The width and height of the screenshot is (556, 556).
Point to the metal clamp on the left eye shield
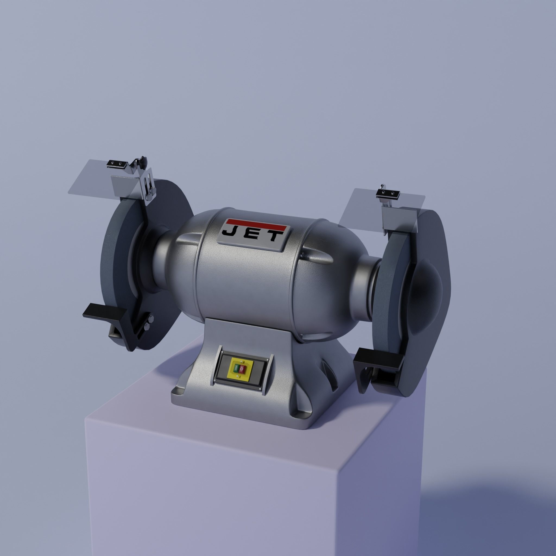click(117, 164)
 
